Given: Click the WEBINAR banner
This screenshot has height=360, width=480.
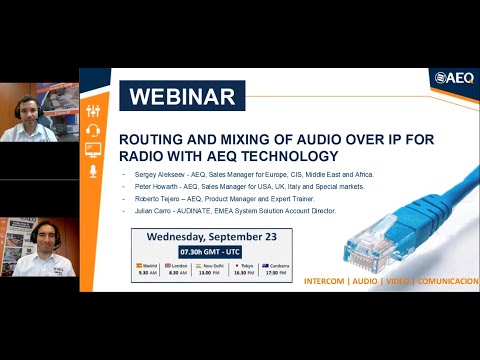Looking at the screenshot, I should point(182,97).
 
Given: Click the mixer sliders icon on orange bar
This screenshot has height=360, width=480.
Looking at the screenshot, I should point(94,108).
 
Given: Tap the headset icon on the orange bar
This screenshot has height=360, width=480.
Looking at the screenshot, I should point(94,129).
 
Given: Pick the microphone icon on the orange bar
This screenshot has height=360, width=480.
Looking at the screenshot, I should point(94,171).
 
